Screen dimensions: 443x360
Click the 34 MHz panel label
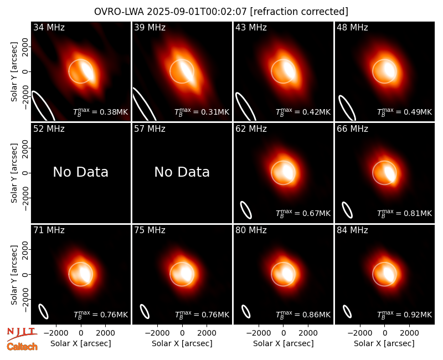click(49, 27)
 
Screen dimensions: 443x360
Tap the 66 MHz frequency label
click(352, 129)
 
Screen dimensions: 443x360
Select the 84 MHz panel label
click(352, 230)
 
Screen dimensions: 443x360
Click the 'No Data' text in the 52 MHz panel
click(80, 172)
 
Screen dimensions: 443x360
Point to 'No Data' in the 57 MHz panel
click(182, 172)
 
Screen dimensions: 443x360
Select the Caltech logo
click(22, 347)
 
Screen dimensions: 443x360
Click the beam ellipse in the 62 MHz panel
click(245, 210)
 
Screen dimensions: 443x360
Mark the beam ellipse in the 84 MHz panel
click(347, 312)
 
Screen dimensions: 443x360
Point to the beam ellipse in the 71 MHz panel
click(43, 311)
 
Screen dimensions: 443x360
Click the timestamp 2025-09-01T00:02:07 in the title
click(198, 12)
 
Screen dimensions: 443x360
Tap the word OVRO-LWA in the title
click(119, 12)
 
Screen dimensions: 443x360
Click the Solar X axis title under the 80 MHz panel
click(284, 343)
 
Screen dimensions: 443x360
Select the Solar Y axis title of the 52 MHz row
click(14, 173)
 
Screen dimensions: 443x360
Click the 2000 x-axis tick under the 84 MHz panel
click(409, 333)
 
